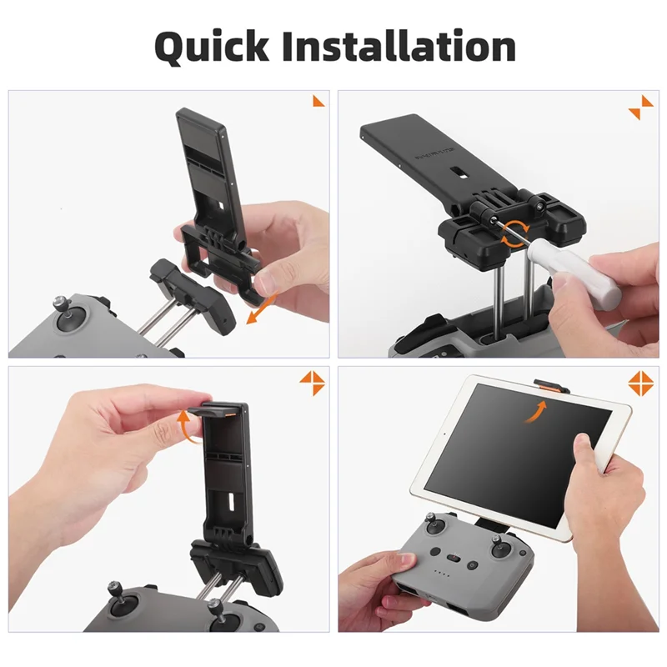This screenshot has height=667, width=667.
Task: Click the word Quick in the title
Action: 210,47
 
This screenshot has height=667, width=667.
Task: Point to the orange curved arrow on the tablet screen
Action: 538,409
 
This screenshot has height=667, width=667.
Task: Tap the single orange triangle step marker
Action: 318,101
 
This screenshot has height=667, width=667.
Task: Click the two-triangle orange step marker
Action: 641,107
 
